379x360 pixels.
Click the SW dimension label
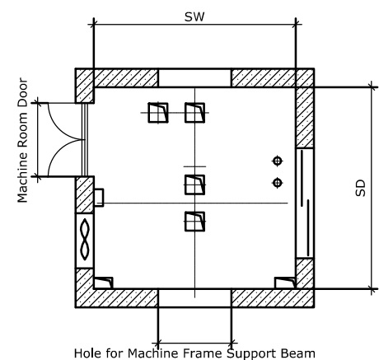(x=194, y=16)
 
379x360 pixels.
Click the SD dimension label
(x=361, y=188)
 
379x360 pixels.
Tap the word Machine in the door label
(x=22, y=179)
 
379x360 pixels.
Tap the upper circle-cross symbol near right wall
(x=278, y=161)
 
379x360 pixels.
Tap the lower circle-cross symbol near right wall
(x=278, y=183)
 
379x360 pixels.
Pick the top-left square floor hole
(x=158, y=113)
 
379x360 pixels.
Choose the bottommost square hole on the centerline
(x=194, y=222)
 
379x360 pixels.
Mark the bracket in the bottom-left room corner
(x=103, y=283)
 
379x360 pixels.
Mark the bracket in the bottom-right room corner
(x=285, y=283)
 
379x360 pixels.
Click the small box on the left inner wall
(x=99, y=197)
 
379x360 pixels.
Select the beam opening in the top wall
(x=194, y=78)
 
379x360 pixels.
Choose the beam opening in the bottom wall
(x=194, y=298)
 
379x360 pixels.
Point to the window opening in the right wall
(x=305, y=203)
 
